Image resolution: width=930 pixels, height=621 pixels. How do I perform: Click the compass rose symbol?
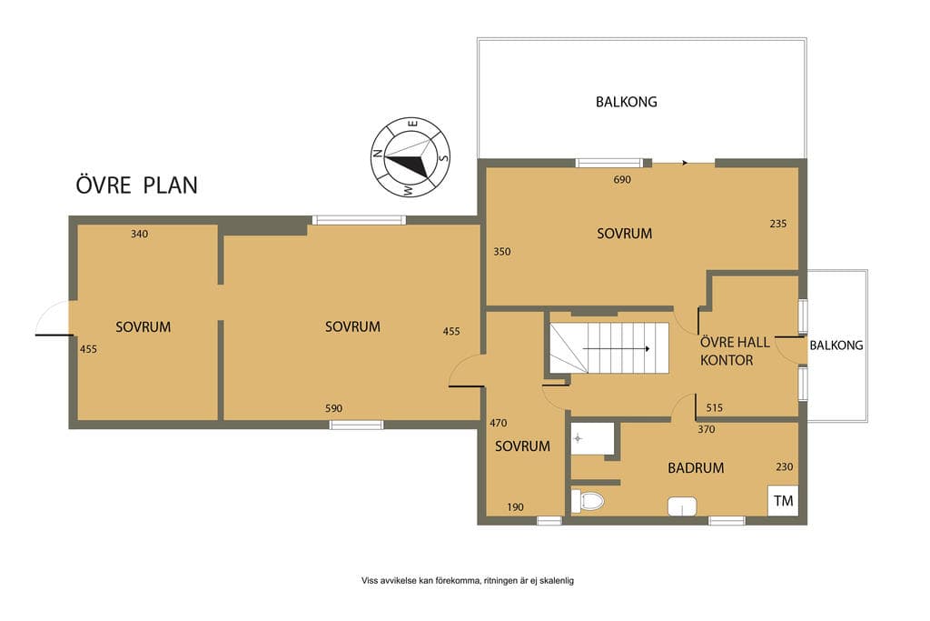click(x=411, y=157)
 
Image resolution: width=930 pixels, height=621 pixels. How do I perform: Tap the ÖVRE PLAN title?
click(x=136, y=184)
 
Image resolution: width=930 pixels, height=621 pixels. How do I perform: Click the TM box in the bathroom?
click(x=783, y=500)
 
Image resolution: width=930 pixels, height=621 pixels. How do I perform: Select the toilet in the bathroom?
click(x=588, y=501)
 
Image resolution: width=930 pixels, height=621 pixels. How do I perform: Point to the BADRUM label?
click(x=696, y=468)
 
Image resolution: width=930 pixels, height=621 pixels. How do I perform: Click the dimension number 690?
click(x=622, y=179)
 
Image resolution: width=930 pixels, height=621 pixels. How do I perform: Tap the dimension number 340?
click(x=139, y=234)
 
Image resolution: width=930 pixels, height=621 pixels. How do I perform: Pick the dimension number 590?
click(x=334, y=408)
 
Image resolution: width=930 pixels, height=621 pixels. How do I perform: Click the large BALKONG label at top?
click(x=627, y=102)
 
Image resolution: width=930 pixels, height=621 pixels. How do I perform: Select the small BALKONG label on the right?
click(x=836, y=345)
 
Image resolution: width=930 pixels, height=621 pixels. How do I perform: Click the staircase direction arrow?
click(x=617, y=348)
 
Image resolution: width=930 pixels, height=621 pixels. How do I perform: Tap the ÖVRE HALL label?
click(x=735, y=342)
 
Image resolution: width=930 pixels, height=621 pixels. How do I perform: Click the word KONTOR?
click(x=727, y=360)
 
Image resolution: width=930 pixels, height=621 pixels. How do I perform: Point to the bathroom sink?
click(x=682, y=506)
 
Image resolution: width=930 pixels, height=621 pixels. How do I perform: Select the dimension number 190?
click(x=516, y=507)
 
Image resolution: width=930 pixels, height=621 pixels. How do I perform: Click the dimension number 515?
click(x=715, y=407)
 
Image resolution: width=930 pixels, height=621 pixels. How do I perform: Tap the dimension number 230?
click(x=784, y=466)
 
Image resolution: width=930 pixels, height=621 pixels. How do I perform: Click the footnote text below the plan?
click(x=468, y=581)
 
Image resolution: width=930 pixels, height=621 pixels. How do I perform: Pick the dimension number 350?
click(x=501, y=251)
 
